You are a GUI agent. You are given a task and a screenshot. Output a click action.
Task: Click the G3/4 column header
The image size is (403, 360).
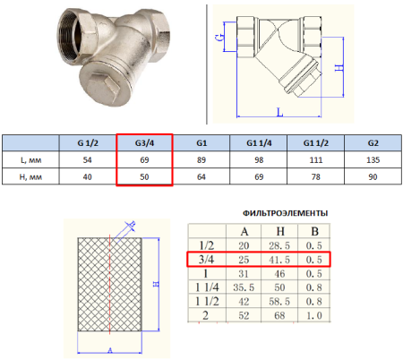[144, 143]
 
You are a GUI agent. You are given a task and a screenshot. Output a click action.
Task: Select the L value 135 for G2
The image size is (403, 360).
[373, 160]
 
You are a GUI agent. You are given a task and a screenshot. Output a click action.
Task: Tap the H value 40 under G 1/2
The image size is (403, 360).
[87, 177]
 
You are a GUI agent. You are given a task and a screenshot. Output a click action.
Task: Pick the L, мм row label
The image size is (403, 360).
[30, 160]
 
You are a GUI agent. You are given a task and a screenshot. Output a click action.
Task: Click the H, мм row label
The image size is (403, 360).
[30, 177]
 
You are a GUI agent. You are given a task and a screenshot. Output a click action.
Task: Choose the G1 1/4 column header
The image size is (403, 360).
[259, 143]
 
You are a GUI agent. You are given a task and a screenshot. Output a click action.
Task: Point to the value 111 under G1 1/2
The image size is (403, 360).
[316, 160]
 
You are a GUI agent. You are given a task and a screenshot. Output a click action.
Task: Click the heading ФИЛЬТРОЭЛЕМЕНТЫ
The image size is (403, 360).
[285, 213]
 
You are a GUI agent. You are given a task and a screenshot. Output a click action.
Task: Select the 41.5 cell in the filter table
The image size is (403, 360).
[279, 260]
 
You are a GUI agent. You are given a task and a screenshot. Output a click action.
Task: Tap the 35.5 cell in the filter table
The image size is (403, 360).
[244, 287]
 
